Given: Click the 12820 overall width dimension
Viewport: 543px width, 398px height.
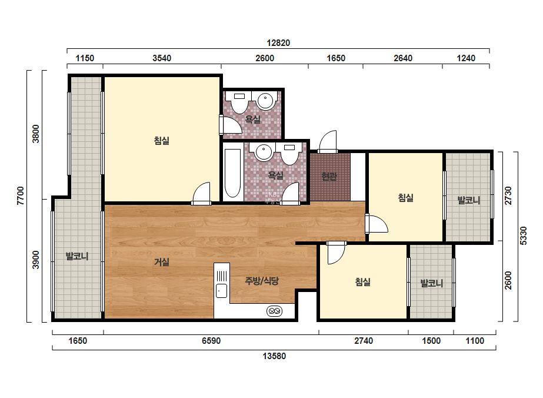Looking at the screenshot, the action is click(x=278, y=43).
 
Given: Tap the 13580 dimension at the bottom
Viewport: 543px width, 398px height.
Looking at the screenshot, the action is click(x=274, y=356).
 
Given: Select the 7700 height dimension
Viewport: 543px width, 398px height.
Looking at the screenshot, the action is click(x=21, y=196).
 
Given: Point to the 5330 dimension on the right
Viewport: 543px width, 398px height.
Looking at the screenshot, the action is click(x=523, y=236).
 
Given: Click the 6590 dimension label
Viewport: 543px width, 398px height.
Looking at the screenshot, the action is click(x=211, y=341).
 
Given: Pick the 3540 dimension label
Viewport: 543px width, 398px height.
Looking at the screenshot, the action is click(x=162, y=58).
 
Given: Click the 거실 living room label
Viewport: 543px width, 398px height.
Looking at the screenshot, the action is click(x=162, y=262).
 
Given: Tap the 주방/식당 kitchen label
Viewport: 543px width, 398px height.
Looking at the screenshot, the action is click(x=261, y=281).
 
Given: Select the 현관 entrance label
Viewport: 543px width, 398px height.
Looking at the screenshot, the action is click(x=329, y=176).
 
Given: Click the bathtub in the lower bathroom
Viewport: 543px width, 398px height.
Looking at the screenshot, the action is click(x=232, y=173).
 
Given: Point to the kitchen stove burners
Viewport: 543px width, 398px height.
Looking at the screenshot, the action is click(x=274, y=311).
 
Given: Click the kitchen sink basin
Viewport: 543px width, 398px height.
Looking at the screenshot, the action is click(x=221, y=290).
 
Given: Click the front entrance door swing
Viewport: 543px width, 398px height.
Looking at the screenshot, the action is click(x=328, y=141).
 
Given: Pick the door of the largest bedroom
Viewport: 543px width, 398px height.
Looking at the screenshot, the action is click(x=201, y=193).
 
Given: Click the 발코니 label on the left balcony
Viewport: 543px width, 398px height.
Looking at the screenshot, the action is click(x=77, y=257).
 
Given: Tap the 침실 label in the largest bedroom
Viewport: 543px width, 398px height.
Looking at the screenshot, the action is click(x=162, y=141).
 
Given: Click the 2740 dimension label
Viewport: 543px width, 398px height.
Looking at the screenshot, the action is click(x=363, y=341).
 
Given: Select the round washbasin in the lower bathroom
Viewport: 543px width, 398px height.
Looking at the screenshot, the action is click(x=264, y=152).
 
